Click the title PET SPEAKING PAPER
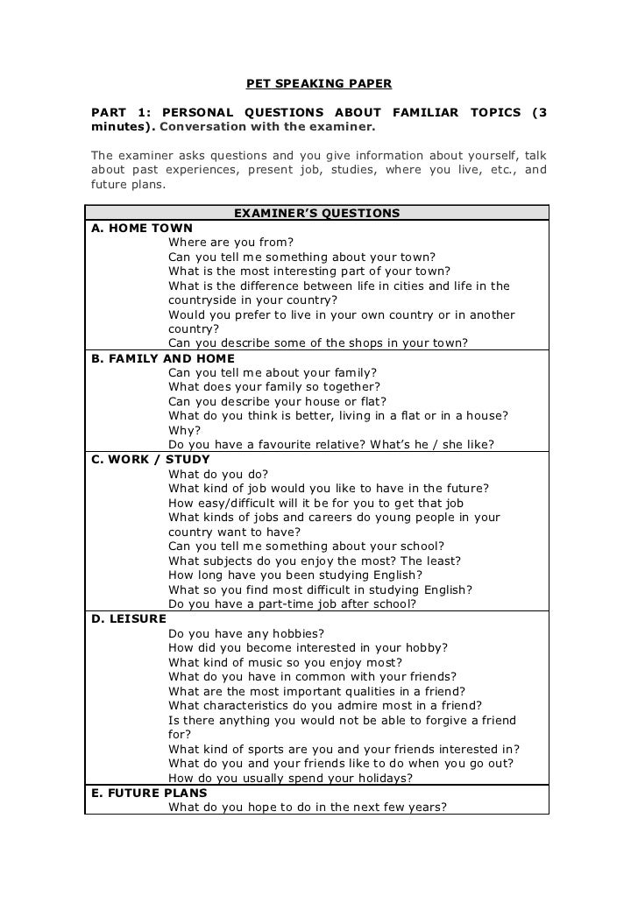(318, 84)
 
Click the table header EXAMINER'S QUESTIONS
(317, 213)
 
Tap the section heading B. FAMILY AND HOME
(163, 358)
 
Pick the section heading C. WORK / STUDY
(151, 459)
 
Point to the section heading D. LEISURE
(129, 618)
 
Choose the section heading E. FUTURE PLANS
(149, 793)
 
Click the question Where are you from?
(231, 243)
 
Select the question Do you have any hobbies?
(246, 633)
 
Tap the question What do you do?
(218, 474)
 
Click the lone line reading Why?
(184, 430)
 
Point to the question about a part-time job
(292, 603)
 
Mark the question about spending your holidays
(289, 778)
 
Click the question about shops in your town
(318, 342)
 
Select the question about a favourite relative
(331, 444)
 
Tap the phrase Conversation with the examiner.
(267, 127)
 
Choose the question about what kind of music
(286, 662)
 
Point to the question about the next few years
(308, 807)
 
